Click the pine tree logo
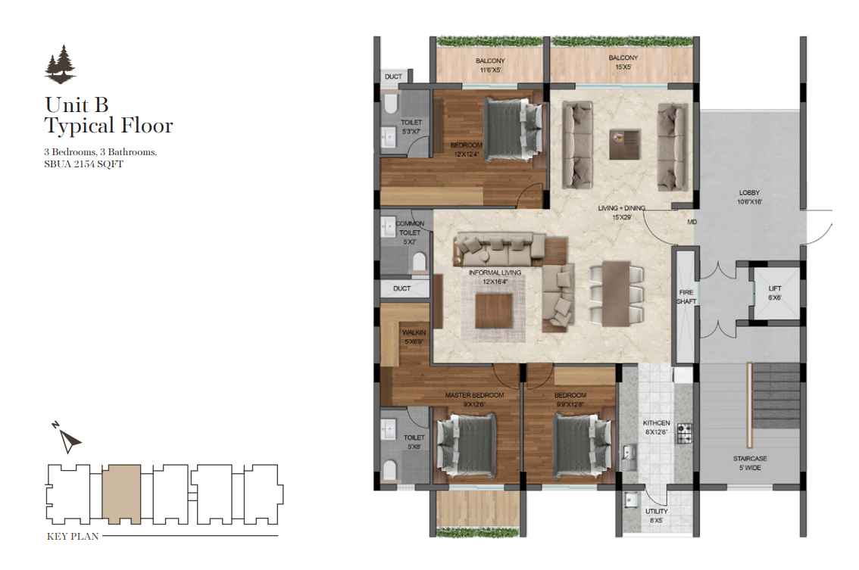(60, 64)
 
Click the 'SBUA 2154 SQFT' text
(83, 164)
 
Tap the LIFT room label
(775, 293)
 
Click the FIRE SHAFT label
(686, 296)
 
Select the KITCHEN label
(656, 427)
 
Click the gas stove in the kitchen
(685, 432)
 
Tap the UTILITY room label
(656, 515)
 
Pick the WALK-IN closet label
(414, 337)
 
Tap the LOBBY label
(748, 198)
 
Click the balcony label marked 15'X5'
(623, 62)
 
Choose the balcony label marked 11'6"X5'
(490, 65)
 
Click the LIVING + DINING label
(621, 212)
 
